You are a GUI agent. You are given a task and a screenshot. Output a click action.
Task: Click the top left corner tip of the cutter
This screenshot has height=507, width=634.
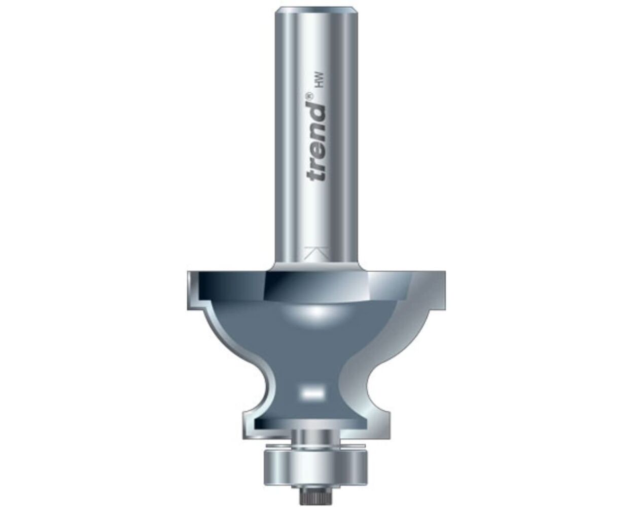[x=189, y=274]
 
